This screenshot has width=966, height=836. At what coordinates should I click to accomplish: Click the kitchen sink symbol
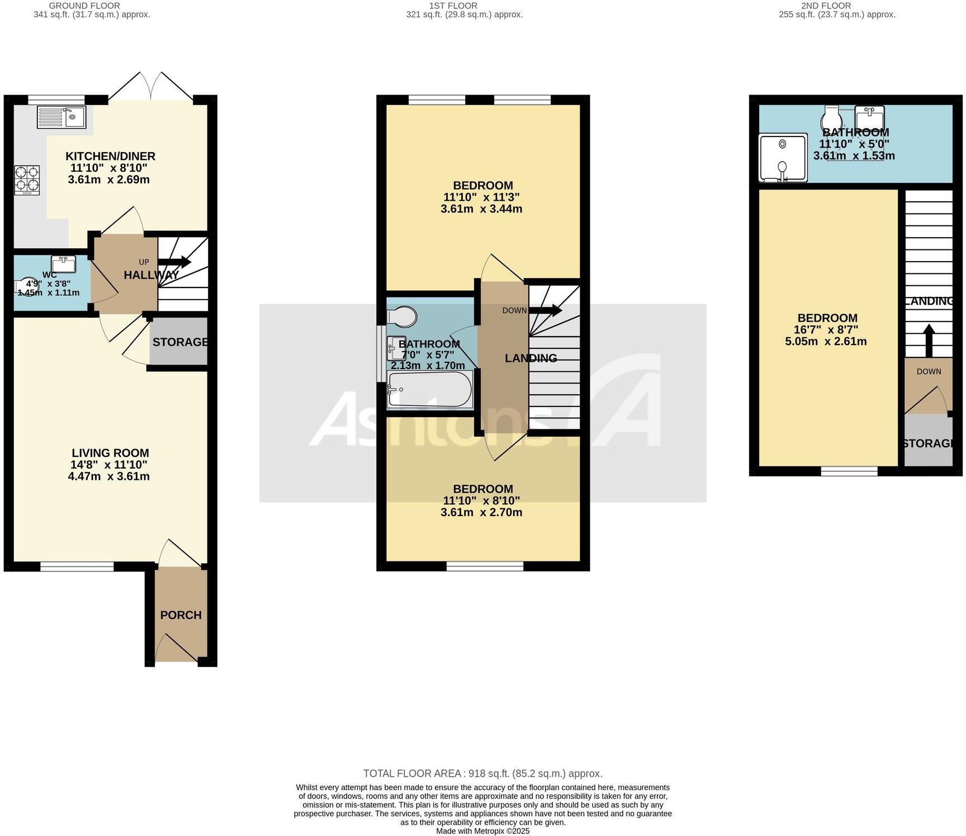pyautogui.click(x=61, y=117)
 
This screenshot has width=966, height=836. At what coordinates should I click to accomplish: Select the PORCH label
pyautogui.click(x=181, y=615)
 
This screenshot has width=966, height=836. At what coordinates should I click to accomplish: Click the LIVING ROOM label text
pyautogui.click(x=110, y=453)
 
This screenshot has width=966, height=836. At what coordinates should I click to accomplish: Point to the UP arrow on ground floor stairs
pyautogui.click(x=174, y=262)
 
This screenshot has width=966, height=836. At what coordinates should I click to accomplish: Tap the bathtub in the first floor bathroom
pyautogui.click(x=430, y=390)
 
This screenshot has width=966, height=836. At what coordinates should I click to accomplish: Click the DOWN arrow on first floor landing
pyautogui.click(x=545, y=310)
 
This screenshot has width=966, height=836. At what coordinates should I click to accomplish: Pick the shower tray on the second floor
pyautogui.click(x=783, y=158)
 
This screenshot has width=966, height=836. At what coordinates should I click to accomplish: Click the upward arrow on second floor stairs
pyautogui.click(x=929, y=341)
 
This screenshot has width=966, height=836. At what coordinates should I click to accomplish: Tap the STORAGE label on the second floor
pyautogui.click(x=928, y=443)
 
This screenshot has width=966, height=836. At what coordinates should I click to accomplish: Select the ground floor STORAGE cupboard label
pyautogui.click(x=180, y=342)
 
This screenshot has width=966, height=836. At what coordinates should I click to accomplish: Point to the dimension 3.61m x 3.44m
pyautogui.click(x=481, y=209)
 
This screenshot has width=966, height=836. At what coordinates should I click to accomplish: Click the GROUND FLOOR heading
pyautogui.click(x=84, y=6)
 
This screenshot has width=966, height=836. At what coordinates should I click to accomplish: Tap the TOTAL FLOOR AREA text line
pyautogui.click(x=482, y=773)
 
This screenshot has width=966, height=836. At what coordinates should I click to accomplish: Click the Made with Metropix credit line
pyautogui.click(x=482, y=831)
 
